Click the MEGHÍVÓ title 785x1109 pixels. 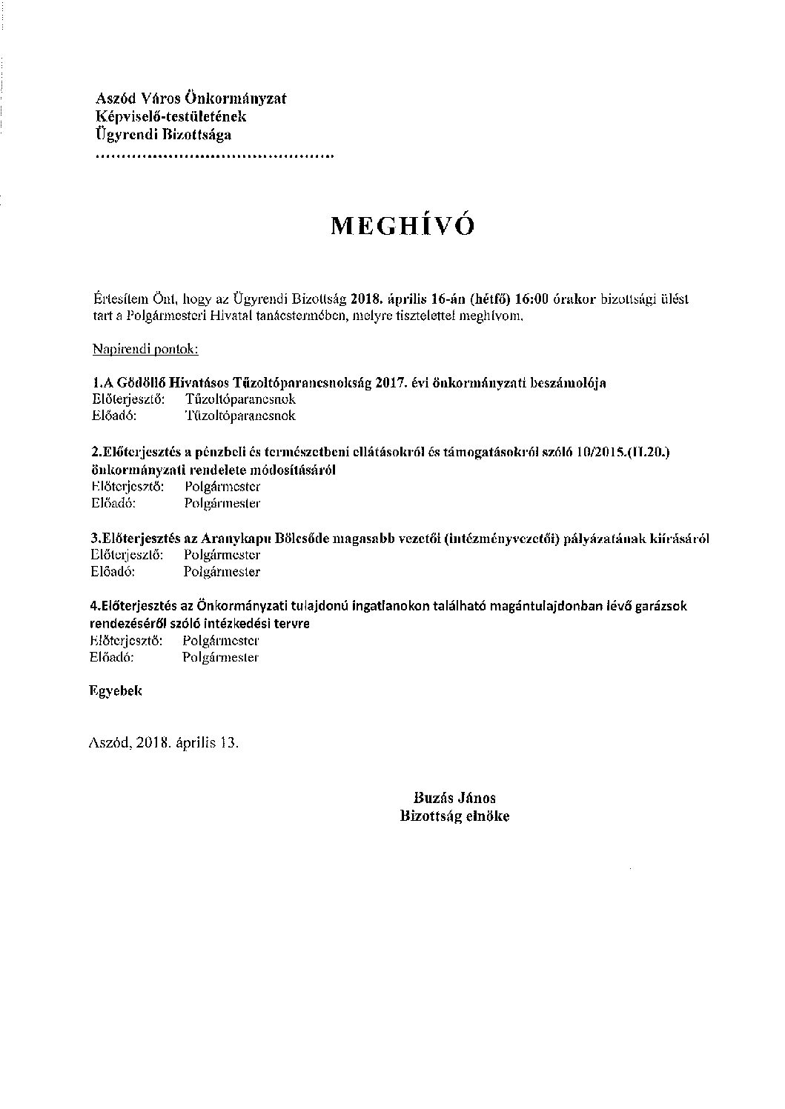pyautogui.click(x=401, y=227)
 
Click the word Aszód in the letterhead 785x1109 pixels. pyautogui.click(x=113, y=99)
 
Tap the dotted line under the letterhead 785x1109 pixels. pyautogui.click(x=214, y=157)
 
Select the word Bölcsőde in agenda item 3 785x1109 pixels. pyautogui.click(x=302, y=539)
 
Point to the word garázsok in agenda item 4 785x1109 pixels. pyautogui.click(x=661, y=606)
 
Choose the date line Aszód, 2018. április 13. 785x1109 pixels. pyautogui.click(x=164, y=742)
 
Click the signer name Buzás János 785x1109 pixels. pyautogui.click(x=454, y=799)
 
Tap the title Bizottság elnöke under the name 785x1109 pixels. pyautogui.click(x=454, y=816)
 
